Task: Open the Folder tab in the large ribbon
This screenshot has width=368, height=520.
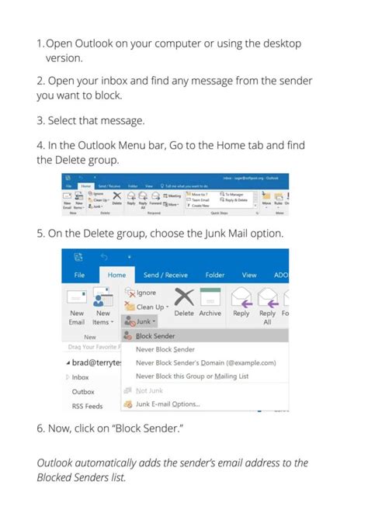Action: point(215,275)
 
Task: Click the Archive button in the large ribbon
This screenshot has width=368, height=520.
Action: point(210,313)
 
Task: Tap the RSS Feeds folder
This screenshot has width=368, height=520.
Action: point(88,405)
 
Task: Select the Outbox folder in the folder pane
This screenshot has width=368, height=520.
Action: point(83,391)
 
